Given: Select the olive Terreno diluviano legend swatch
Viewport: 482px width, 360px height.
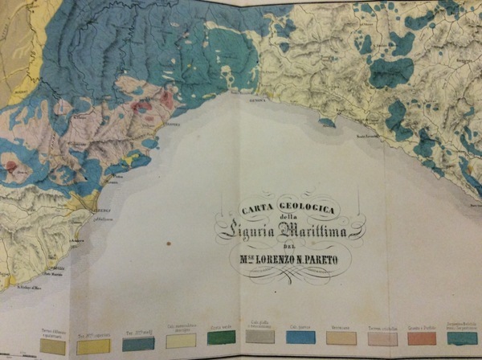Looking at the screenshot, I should pyautogui.click(x=52, y=347).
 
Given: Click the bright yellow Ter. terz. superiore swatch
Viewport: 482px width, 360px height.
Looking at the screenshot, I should pyautogui.click(x=92, y=347).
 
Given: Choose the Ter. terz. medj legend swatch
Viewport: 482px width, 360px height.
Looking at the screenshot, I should pyautogui.click(x=138, y=345).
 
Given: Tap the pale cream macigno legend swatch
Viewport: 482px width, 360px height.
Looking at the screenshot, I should pyautogui.click(x=180, y=342).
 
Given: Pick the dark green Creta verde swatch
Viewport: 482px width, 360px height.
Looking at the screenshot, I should pyautogui.click(x=221, y=339).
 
